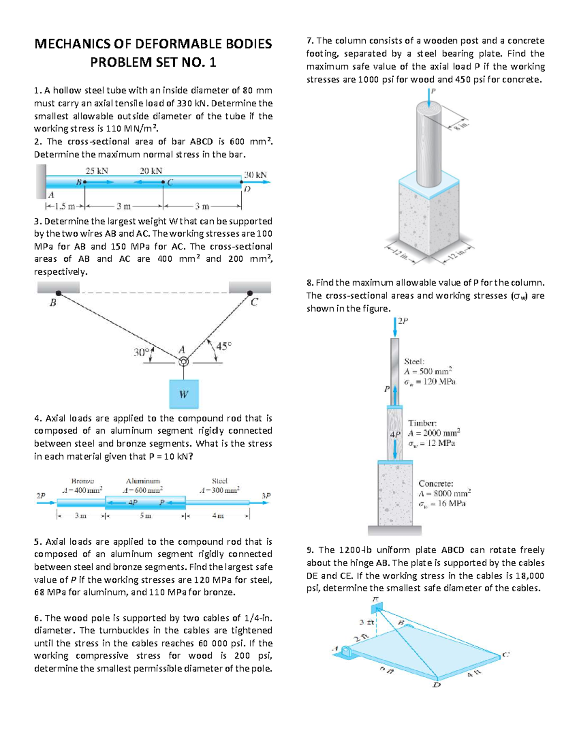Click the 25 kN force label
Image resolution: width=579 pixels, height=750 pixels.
[96, 170]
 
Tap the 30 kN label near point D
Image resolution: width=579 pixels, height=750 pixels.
[255, 174]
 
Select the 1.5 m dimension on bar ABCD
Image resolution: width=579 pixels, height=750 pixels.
[65, 207]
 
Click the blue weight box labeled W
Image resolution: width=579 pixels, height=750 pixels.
[184, 394]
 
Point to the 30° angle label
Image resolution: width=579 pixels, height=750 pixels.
[141, 353]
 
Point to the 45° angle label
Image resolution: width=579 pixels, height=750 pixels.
[224, 346]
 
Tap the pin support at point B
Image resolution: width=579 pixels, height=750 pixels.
[58, 293]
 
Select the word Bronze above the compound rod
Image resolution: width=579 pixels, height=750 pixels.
[83, 481]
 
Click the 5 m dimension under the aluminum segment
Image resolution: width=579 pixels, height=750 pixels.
[145, 516]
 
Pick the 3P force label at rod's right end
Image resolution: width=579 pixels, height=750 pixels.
[266, 495]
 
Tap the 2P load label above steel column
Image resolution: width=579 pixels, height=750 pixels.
[403, 321]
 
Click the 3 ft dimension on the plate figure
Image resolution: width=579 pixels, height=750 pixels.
[365, 622]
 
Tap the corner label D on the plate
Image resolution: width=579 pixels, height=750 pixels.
[436, 685]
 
